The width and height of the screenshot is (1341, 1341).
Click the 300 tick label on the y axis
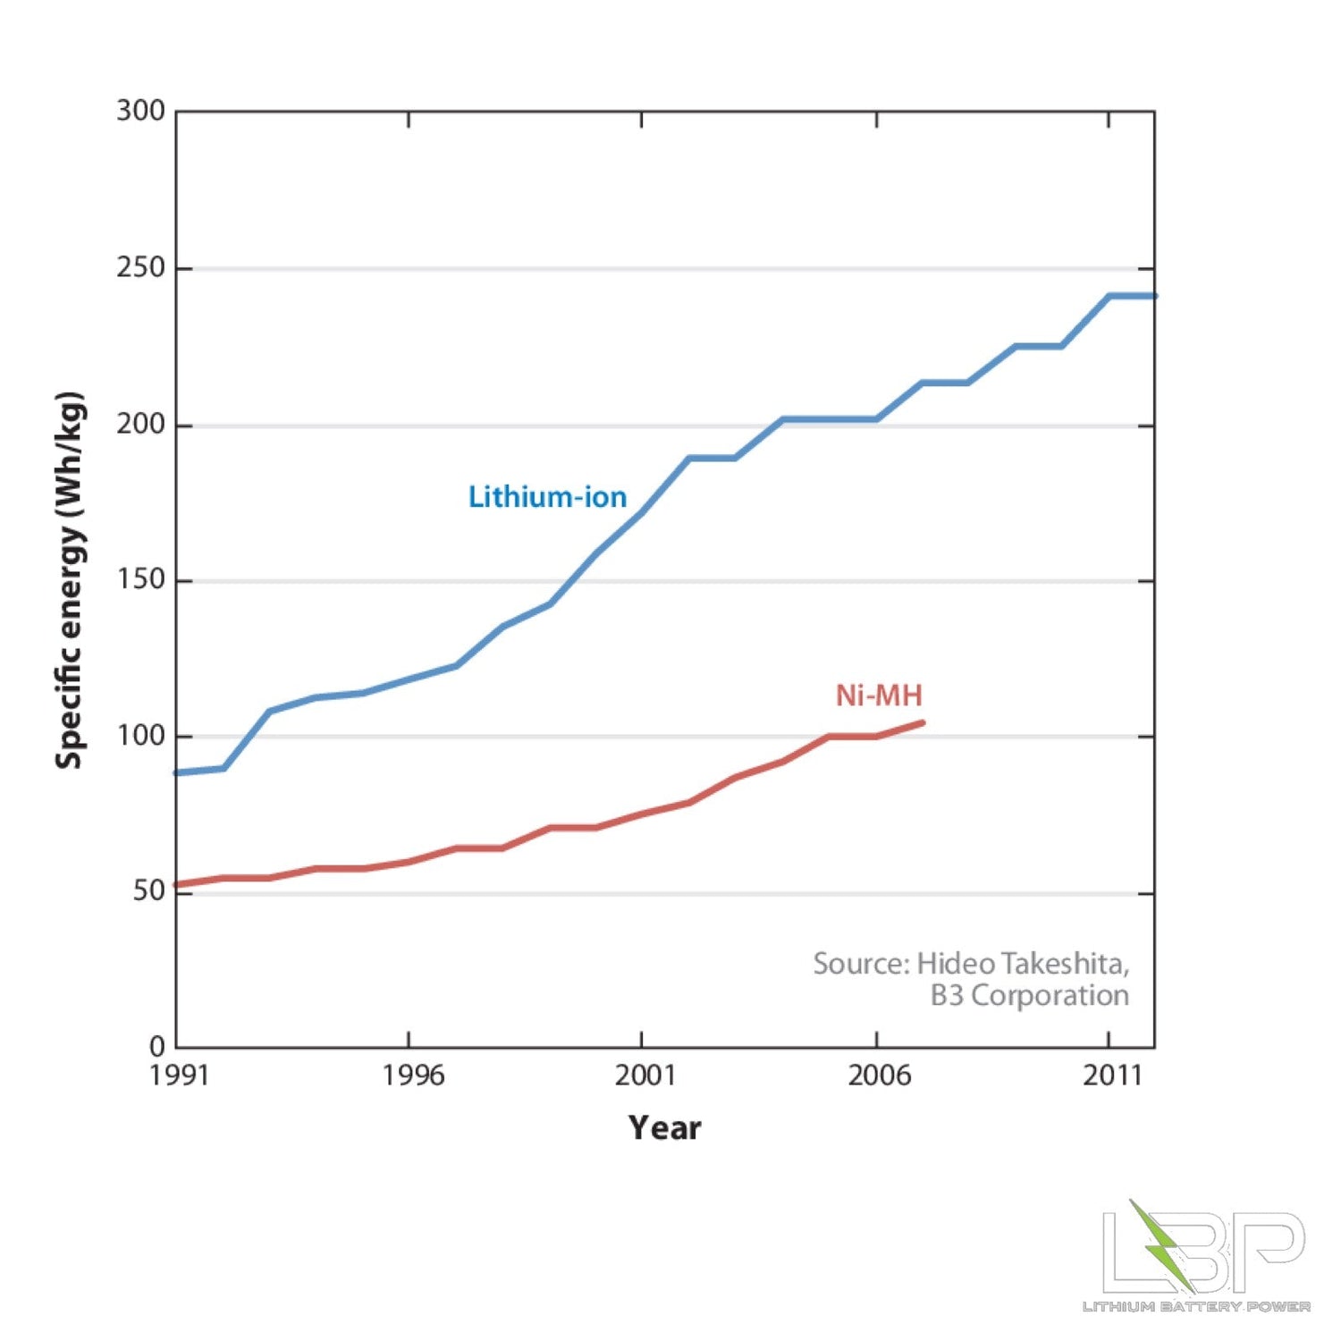[140, 111]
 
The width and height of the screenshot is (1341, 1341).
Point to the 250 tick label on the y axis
[140, 267]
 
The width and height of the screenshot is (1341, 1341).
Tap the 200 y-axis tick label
[140, 424]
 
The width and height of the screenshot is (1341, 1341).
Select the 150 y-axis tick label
[140, 579]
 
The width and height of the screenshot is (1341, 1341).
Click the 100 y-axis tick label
[140, 736]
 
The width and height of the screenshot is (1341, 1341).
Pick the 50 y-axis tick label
[148, 891]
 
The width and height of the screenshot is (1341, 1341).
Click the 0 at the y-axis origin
[157, 1046]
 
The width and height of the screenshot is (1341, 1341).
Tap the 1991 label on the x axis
[179, 1075]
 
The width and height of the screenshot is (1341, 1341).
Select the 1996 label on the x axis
[413, 1075]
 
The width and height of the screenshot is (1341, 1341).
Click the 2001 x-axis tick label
[645, 1075]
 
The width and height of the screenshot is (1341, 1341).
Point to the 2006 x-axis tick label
[879, 1075]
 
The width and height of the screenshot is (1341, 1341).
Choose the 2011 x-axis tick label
[1112, 1075]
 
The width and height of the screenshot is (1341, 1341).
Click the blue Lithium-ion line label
[547, 497]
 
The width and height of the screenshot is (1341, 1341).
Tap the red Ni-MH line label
[878, 696]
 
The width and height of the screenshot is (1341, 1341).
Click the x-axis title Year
[664, 1128]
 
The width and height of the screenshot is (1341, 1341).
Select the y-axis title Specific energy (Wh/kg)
[70, 580]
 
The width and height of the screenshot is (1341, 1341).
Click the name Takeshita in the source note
[1064, 964]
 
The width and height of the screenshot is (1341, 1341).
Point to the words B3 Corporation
[1029, 995]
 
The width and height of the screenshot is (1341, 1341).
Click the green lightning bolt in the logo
[1160, 1243]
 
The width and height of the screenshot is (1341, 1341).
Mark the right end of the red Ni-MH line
[923, 722]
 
